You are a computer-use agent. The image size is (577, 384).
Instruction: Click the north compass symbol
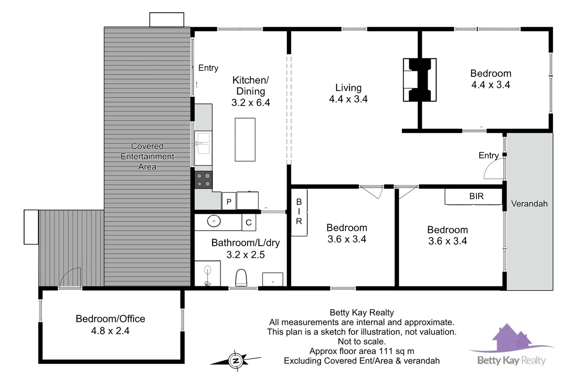click(x=236, y=361)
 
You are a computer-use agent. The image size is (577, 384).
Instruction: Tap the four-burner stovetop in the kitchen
click(x=203, y=180)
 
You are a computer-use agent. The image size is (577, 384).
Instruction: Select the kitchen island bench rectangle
click(x=245, y=140)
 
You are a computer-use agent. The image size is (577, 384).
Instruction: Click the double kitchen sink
click(x=203, y=143)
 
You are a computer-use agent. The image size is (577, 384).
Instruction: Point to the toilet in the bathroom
click(x=241, y=278)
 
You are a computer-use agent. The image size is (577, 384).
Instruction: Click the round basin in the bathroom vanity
click(x=214, y=221)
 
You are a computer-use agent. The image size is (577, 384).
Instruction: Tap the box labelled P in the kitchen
click(x=229, y=202)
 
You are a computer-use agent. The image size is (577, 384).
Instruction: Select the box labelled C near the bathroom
click(x=249, y=223)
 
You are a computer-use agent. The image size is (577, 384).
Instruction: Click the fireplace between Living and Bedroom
click(x=420, y=80)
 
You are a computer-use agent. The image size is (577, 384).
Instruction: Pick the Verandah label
click(x=529, y=204)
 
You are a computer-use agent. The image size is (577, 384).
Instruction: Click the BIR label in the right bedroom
click(x=476, y=196)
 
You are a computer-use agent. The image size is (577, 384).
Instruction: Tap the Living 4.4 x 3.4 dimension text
click(x=348, y=99)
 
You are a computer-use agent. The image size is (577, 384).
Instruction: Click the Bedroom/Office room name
click(x=110, y=319)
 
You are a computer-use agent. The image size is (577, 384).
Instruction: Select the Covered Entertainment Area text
click(x=147, y=156)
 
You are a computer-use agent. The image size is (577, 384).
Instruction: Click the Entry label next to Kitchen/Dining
click(x=208, y=68)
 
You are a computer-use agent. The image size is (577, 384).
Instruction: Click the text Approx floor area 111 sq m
click(x=362, y=351)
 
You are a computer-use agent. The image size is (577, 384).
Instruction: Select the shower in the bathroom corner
click(x=207, y=273)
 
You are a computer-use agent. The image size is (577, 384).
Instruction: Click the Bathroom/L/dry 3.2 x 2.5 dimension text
click(x=245, y=255)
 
